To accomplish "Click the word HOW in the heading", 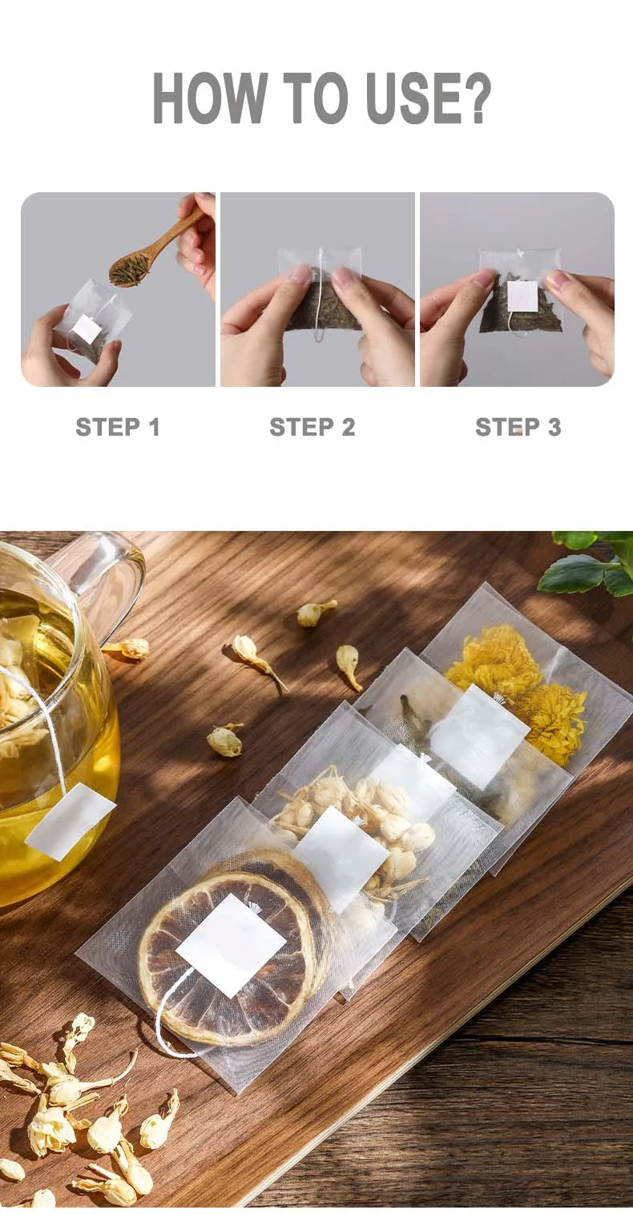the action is click(209, 98).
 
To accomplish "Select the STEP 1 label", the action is click(118, 427).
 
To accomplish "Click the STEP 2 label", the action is click(312, 427).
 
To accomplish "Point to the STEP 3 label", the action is click(518, 427).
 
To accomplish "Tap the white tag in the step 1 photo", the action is click(87, 328).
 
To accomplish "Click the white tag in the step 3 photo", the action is click(523, 296).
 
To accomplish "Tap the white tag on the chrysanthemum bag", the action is click(479, 729).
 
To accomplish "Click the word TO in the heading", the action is click(316, 98).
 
